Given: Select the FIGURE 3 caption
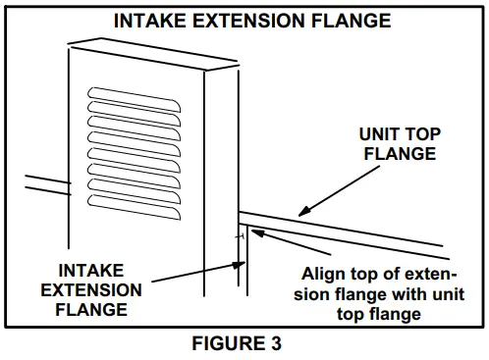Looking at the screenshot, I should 245,344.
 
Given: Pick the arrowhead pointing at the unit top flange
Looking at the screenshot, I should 305,209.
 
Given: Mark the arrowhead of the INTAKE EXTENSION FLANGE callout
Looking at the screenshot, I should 240,262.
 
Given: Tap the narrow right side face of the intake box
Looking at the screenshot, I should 223,177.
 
